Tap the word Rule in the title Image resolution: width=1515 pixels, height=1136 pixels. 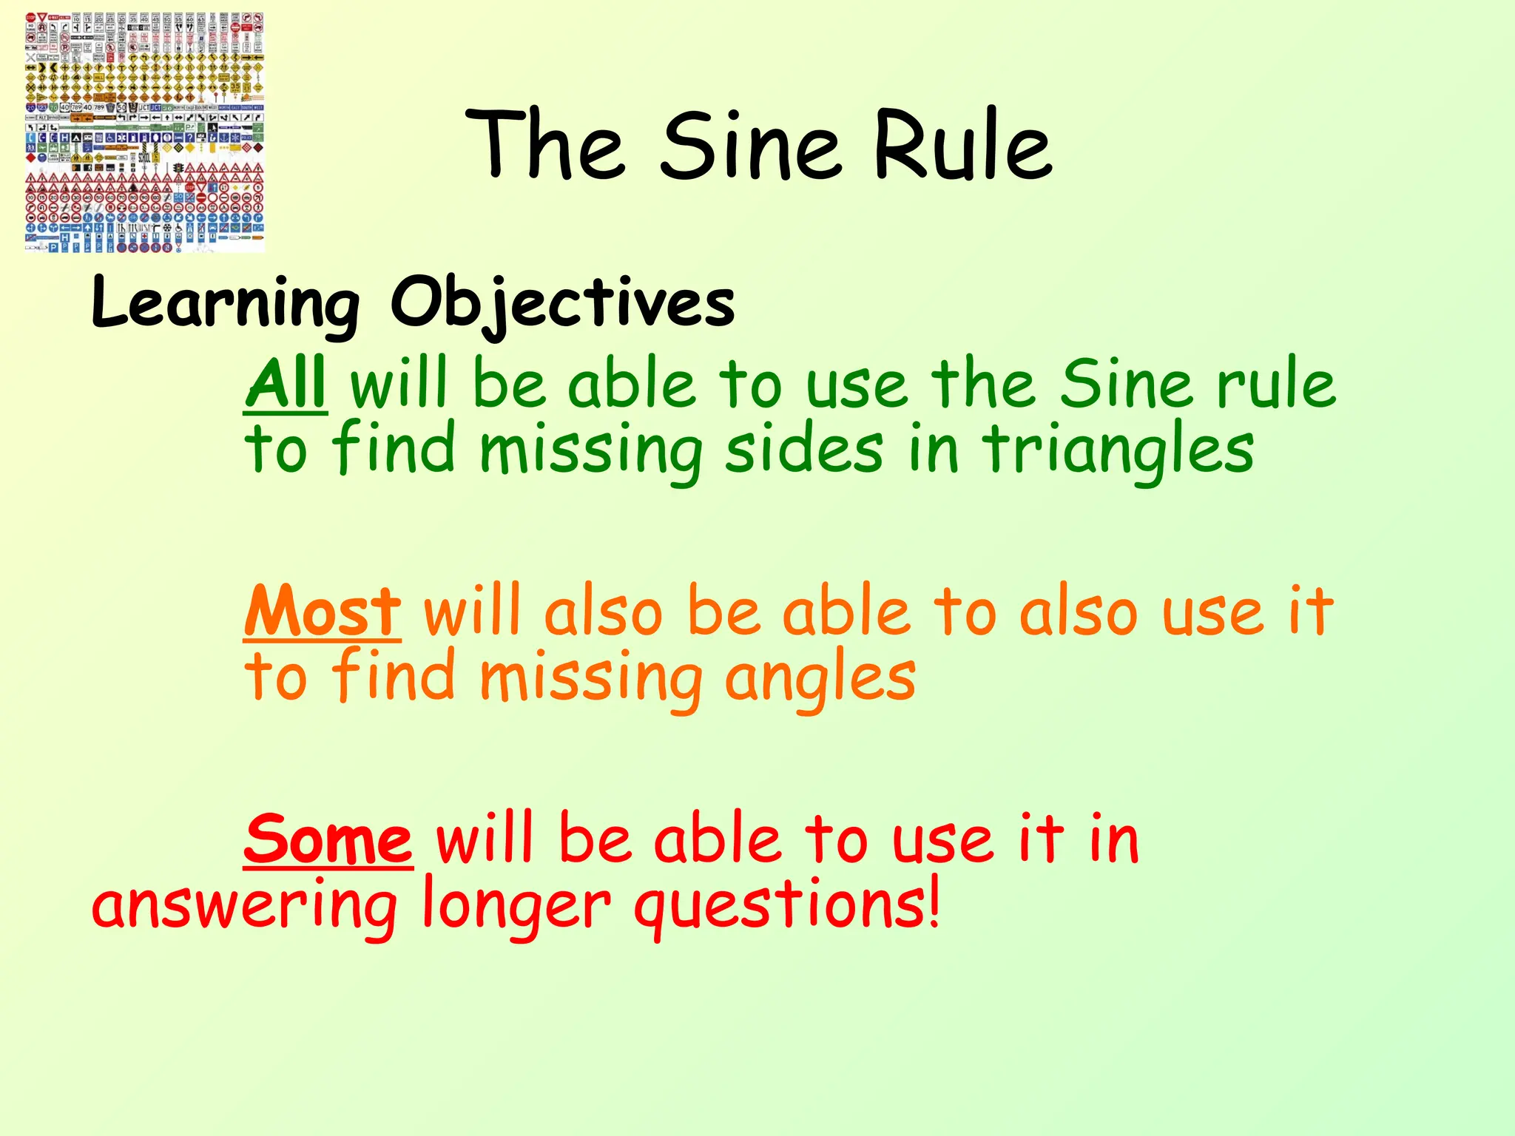coord(962,146)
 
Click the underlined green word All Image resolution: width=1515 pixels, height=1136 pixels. coord(286,384)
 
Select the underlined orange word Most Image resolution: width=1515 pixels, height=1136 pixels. coord(323,612)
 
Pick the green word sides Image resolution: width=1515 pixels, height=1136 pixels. coord(803,450)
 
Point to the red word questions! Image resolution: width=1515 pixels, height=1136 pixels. coord(787,907)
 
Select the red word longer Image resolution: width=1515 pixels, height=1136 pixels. coord(516,907)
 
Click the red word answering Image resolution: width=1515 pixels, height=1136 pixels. coord(244,907)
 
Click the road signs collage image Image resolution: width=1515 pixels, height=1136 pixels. coord(144,133)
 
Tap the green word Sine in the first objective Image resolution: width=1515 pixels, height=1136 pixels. coord(1125,384)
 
